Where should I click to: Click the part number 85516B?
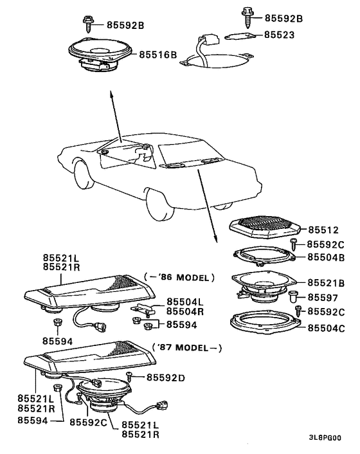(x=157, y=55)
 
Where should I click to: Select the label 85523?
(x=279, y=35)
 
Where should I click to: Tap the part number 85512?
(x=323, y=230)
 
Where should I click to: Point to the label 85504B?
(x=326, y=257)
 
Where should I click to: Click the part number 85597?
(x=323, y=297)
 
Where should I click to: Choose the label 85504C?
(x=326, y=328)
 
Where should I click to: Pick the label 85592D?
(x=165, y=377)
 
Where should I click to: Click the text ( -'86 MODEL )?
(x=179, y=277)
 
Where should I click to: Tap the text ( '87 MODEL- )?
(x=187, y=347)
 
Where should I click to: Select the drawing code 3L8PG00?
(x=325, y=437)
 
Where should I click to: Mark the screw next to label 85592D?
(x=129, y=377)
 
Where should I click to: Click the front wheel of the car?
(x=84, y=176)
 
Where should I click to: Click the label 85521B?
(x=326, y=282)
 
